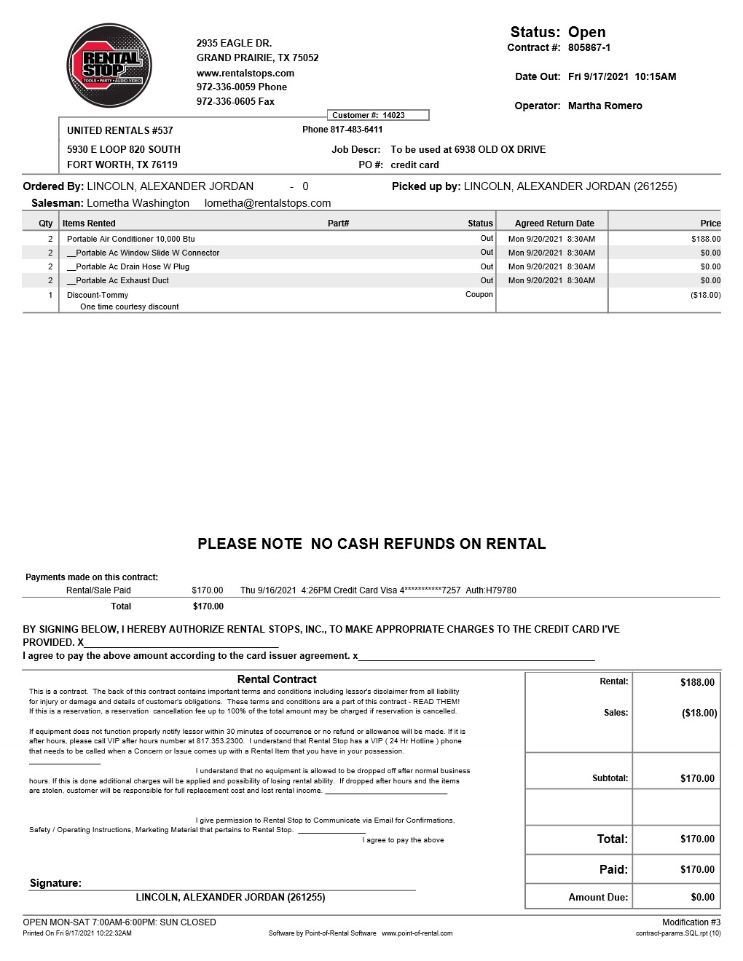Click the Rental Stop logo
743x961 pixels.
109,66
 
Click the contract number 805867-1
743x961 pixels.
589,47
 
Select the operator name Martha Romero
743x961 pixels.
605,106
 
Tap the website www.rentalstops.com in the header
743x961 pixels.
245,73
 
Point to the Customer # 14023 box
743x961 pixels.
378,115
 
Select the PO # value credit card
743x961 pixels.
414,165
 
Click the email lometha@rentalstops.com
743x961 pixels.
267,203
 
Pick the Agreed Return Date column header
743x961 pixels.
554,224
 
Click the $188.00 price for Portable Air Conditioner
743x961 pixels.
705,239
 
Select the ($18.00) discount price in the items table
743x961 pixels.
705,295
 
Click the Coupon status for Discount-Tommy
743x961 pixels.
479,295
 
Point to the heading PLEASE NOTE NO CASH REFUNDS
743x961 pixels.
371,544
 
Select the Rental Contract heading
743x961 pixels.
277,679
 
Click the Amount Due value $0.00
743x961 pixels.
702,897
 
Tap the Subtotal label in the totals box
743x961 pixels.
610,778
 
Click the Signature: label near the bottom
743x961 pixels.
55,883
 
